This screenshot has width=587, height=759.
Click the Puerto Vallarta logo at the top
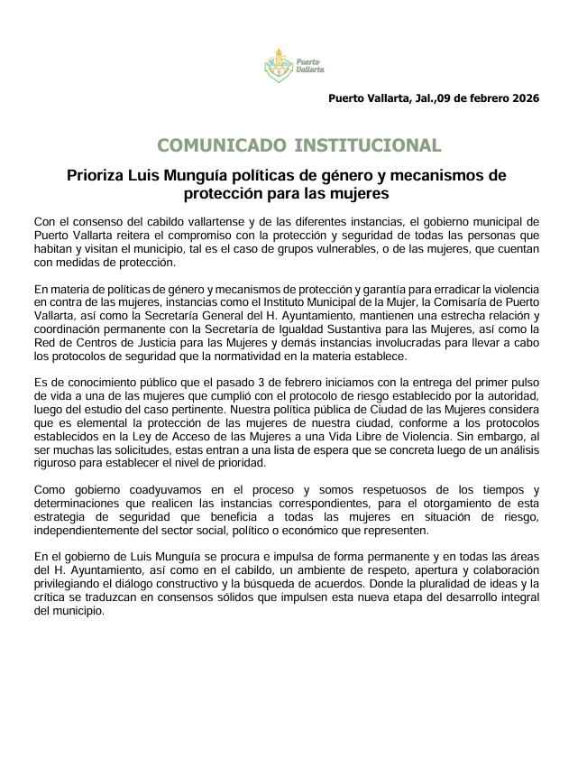click(x=293, y=64)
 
